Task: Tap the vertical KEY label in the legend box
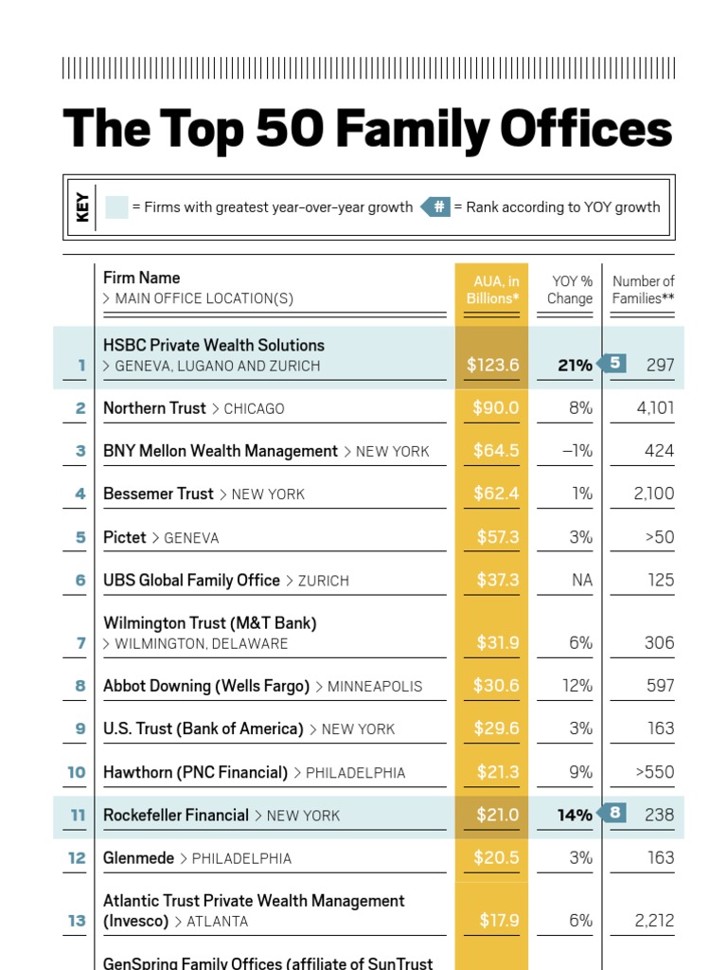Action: coord(83,207)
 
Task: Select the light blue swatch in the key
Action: coord(116,207)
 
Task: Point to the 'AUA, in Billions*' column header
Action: coord(491,290)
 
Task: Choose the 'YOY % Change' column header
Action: coord(571,290)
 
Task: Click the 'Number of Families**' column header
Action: coord(643,290)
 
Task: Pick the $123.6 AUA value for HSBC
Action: coord(492,366)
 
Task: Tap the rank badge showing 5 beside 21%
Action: coord(615,363)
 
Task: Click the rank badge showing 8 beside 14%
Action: coord(615,813)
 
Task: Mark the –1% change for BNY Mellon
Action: coord(576,451)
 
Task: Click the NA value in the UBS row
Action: coord(581,580)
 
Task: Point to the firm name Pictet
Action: coord(125,537)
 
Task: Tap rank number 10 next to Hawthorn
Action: coord(76,772)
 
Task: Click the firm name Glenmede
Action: coord(138,857)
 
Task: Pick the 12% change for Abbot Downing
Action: coord(577,686)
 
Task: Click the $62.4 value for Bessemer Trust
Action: coord(496,494)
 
